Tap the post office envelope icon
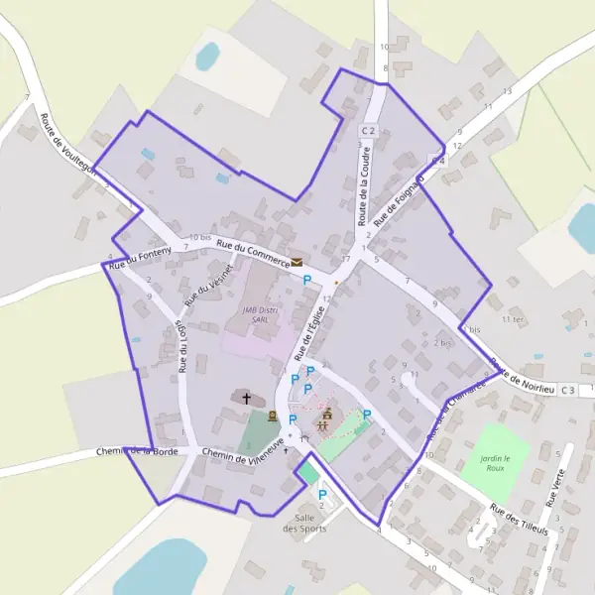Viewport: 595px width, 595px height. (297, 263)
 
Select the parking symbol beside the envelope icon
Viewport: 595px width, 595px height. (307, 281)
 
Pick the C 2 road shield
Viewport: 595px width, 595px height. (369, 131)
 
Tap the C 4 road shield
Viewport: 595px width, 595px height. (437, 160)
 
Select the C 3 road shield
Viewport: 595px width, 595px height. (567, 390)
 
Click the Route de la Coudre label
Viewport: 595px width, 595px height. (365, 189)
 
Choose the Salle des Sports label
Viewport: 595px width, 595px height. (304, 523)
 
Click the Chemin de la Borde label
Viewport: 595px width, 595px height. (137, 451)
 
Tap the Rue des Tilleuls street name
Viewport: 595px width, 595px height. (519, 519)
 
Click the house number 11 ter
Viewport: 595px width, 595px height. (513, 319)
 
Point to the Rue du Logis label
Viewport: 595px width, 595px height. (182, 345)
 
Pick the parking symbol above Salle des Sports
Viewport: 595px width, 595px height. (322, 494)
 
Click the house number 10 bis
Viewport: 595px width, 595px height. (200, 237)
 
